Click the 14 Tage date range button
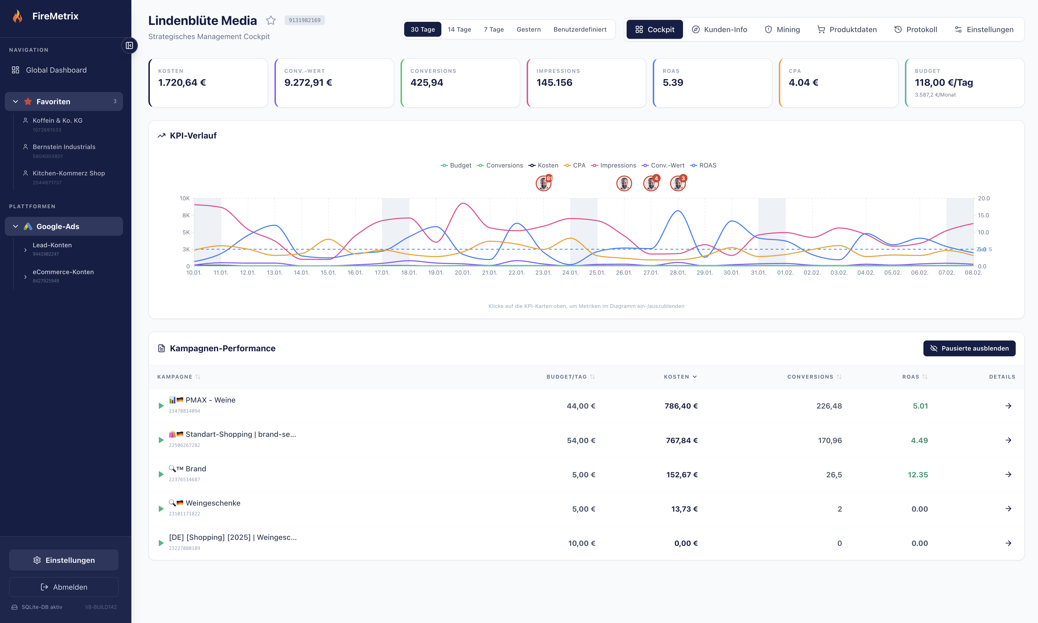pos(459,29)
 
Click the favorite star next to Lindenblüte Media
pos(271,20)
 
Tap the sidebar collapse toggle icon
pos(129,45)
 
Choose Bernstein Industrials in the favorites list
pos(64,147)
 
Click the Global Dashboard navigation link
pos(56,70)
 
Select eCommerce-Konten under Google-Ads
pos(63,272)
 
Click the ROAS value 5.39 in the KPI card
pos(673,83)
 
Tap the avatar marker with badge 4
pos(651,184)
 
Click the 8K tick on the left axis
pos(186,215)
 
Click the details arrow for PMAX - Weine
pos(1008,406)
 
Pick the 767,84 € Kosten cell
pos(682,440)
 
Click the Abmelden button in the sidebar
pos(64,587)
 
